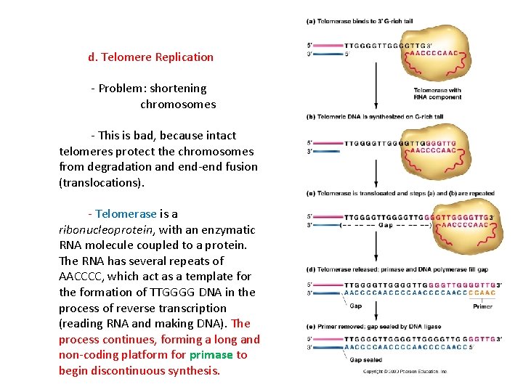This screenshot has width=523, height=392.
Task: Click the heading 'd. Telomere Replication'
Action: click(x=151, y=57)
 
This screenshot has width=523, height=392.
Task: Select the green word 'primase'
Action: click(x=211, y=355)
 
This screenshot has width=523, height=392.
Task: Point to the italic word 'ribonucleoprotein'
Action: click(x=105, y=230)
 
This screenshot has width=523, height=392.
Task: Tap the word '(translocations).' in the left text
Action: click(x=102, y=183)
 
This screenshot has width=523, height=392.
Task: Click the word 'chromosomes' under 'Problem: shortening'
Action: click(x=178, y=105)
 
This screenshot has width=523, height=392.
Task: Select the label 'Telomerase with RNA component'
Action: click(x=437, y=94)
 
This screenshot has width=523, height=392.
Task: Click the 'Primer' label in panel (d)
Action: click(x=482, y=306)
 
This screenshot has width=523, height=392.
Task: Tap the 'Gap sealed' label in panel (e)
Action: click(x=366, y=359)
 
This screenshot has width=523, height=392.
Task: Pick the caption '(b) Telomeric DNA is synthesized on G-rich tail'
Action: click(x=375, y=116)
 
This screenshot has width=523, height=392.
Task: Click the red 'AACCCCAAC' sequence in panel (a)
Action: click(x=433, y=53)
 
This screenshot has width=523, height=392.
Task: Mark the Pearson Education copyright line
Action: click(x=405, y=372)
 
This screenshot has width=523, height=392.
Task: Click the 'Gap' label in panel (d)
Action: click(x=356, y=306)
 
